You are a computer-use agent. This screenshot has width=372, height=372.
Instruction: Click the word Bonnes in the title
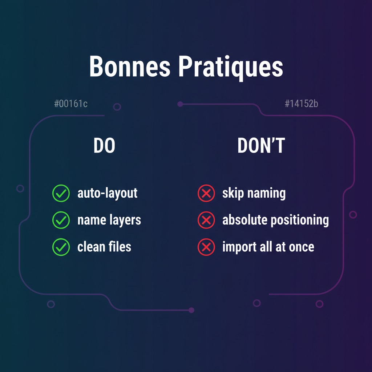point(129,67)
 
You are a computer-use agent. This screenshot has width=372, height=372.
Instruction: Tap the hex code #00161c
point(71,104)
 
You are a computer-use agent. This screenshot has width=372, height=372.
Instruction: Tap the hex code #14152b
point(301,104)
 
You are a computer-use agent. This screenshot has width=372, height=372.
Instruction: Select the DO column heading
point(104,146)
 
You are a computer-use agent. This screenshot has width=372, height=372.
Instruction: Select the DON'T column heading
point(261,146)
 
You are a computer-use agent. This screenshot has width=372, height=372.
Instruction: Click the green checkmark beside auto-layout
point(61,193)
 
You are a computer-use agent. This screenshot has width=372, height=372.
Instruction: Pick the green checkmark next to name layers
point(61,220)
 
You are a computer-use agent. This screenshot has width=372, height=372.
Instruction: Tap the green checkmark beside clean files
point(61,247)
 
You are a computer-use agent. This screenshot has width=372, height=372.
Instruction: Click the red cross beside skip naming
point(206,193)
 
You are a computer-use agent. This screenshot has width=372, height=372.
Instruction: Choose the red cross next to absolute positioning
point(206,220)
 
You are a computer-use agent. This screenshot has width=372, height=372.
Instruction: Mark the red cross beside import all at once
point(206,247)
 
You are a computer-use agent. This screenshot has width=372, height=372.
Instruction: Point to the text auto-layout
point(108,193)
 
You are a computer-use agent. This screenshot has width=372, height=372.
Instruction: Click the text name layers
point(109,220)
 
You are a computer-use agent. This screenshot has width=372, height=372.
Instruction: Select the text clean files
point(104,247)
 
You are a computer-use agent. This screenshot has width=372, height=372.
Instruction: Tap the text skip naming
point(254,193)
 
